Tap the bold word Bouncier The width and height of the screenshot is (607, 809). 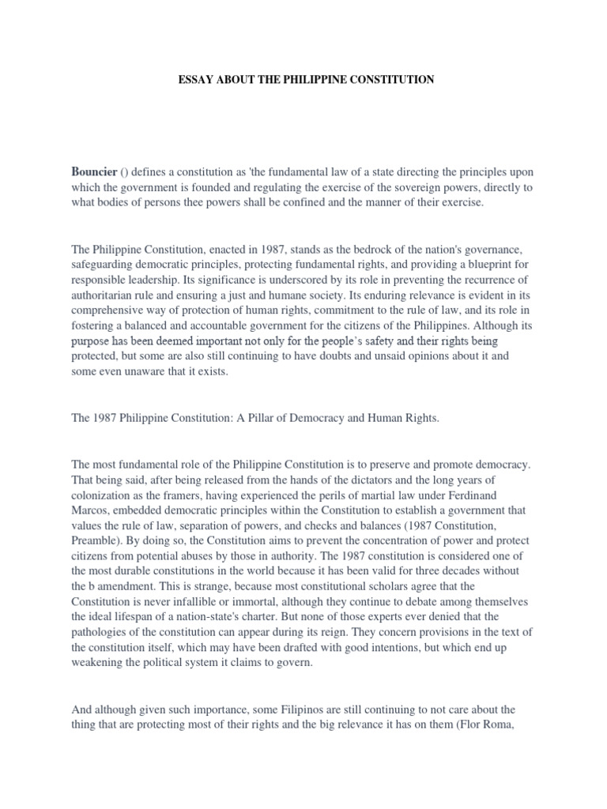(94, 171)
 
